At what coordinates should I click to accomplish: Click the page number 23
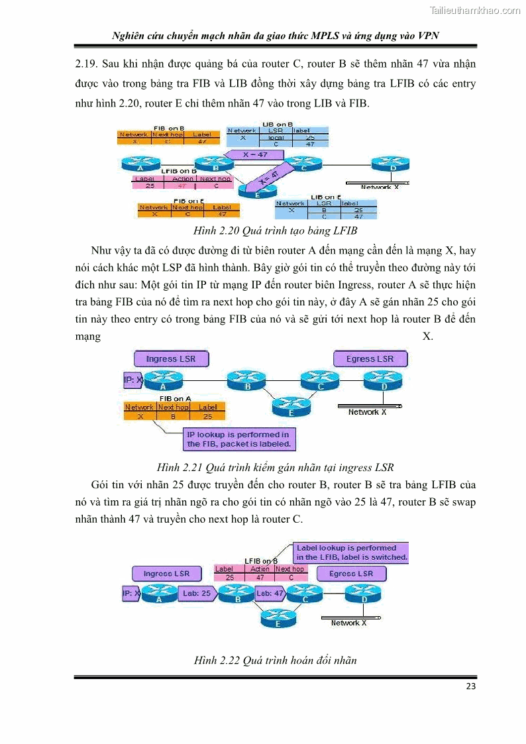click(470, 686)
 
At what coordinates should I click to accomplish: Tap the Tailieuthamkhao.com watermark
click(475, 10)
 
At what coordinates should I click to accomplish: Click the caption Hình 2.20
click(275, 231)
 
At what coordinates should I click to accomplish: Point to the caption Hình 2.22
click(275, 661)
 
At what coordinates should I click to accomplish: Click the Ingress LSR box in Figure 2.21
click(170, 359)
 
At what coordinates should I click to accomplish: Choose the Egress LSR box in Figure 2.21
click(370, 359)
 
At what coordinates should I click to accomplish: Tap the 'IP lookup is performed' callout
click(238, 439)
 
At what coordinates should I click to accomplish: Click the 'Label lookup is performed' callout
click(351, 553)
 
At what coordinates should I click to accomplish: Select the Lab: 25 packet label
click(196, 594)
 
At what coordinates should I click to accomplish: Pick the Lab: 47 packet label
click(270, 594)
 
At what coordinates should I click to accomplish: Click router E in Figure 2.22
click(277, 619)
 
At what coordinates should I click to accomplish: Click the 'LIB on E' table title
click(325, 197)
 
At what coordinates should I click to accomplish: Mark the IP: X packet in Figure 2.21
click(132, 380)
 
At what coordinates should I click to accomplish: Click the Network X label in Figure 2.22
click(348, 623)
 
